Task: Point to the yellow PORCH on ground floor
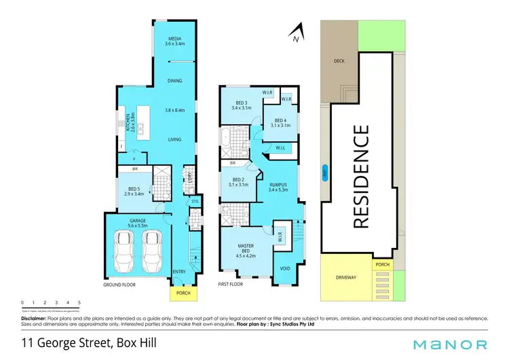181,293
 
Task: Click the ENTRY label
179,272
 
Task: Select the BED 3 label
241,105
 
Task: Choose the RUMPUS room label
279,186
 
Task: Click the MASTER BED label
245,248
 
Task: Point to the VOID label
285,268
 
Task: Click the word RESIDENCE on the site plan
362,176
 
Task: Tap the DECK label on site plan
339,61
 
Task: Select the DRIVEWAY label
346,277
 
